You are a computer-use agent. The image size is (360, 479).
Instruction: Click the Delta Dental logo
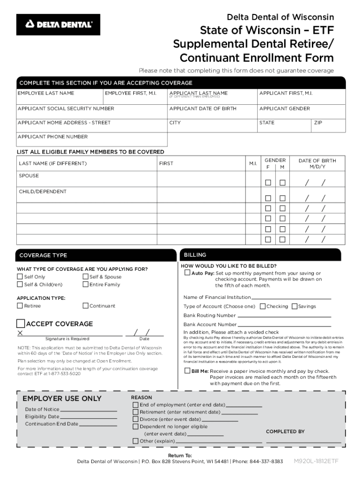[x=58, y=24]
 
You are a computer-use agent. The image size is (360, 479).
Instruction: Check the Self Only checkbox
[x=20, y=276]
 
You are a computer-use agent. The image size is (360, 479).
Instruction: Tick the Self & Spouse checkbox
[x=86, y=276]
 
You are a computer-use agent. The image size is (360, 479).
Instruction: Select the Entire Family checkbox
[x=86, y=284]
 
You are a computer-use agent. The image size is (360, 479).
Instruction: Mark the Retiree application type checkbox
[x=20, y=306]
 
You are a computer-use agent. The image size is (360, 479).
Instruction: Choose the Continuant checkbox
[x=86, y=306]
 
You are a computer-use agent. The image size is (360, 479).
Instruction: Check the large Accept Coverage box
[x=21, y=324]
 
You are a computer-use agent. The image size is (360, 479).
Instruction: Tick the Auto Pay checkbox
[x=187, y=273]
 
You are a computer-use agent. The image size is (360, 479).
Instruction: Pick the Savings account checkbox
[x=295, y=306]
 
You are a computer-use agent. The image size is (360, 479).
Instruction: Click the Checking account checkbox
[x=263, y=306]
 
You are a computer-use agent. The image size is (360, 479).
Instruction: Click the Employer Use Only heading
[x=62, y=399]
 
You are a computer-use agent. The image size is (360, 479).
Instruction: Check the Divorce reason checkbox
[x=136, y=420]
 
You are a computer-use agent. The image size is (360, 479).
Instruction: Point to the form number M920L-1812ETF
[x=316, y=461]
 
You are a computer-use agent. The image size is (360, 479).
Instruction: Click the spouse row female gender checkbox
[x=268, y=182]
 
